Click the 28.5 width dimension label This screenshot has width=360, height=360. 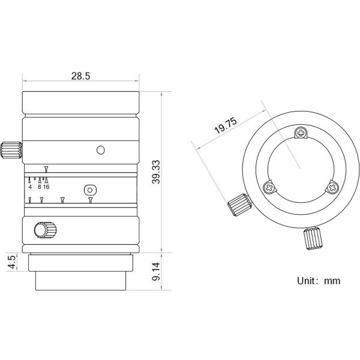(80, 76)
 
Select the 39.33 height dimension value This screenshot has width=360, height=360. (156, 172)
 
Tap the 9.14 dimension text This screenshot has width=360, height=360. (156, 271)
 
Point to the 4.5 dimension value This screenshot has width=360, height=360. (11, 262)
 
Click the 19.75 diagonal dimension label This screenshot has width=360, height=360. (226, 125)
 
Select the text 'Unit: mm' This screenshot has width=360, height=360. (319, 281)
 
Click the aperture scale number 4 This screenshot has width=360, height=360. (30, 187)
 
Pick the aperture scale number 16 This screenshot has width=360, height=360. (46, 187)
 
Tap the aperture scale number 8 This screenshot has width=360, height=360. (40, 187)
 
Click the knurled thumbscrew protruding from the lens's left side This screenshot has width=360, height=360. (11, 150)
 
